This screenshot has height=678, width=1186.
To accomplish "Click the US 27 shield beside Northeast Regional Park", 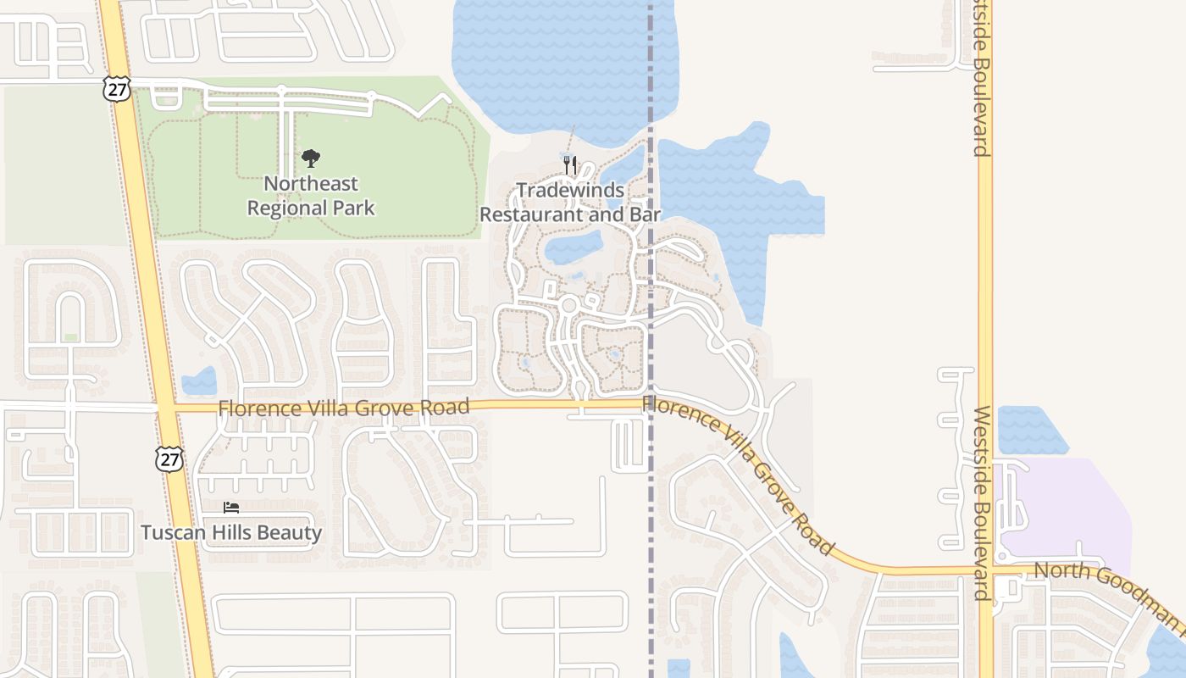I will click(118, 89).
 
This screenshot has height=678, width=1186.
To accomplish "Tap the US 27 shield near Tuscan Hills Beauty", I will click(169, 458).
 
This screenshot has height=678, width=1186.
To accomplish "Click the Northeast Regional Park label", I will click(311, 196).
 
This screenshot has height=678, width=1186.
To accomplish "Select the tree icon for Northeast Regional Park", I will click(311, 158).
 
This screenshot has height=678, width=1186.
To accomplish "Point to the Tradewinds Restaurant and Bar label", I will click(570, 203).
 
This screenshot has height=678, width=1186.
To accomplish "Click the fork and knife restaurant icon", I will click(570, 164).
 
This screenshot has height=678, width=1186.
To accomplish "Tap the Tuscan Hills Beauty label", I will click(231, 533).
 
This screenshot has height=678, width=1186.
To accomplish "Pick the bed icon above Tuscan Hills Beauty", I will click(231, 508).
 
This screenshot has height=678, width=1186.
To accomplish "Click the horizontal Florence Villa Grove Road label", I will click(343, 408).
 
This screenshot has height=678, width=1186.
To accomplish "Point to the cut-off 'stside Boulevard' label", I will click(982, 81).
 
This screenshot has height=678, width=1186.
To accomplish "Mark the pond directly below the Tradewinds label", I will click(573, 247).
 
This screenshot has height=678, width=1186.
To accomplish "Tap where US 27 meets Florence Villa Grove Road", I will click(166, 408).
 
